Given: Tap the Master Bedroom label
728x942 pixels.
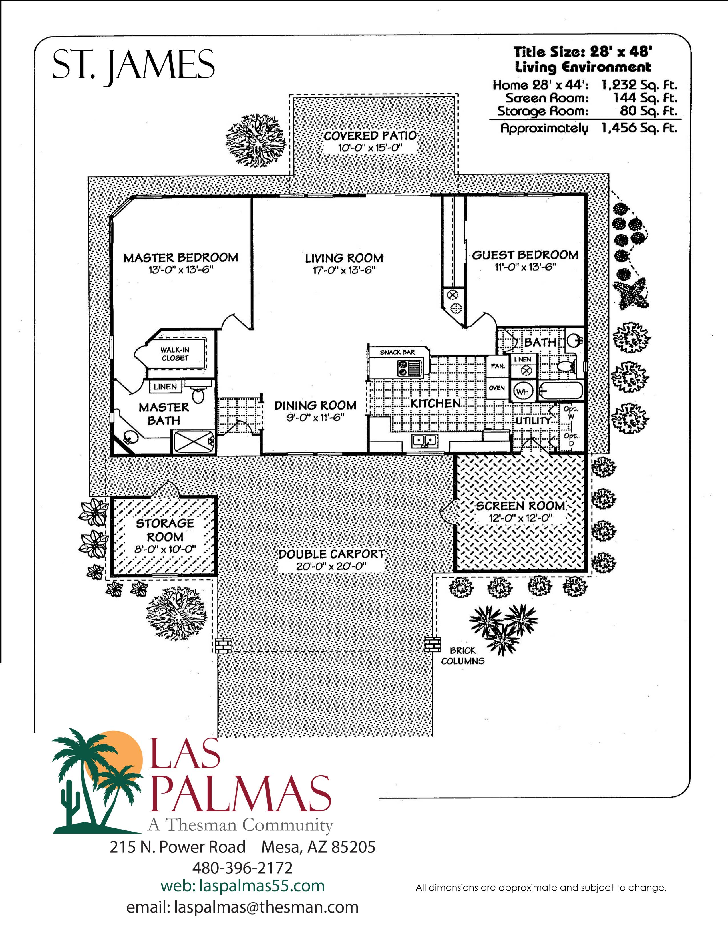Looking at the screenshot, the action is point(181,258).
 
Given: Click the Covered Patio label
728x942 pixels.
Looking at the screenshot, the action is point(370,136).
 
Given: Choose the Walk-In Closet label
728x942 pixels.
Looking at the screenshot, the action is point(175,354).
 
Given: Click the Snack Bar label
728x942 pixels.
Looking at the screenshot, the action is point(397,352).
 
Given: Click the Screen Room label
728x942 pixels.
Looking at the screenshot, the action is point(520,506).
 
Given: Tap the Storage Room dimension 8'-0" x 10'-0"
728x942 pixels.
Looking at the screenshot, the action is point(165,549).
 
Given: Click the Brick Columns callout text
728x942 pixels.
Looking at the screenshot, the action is point(463,656).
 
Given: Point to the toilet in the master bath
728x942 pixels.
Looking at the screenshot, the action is point(198,394).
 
